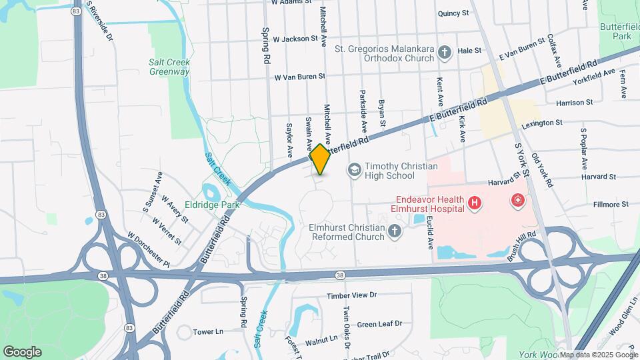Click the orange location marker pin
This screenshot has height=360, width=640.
pos(320,159)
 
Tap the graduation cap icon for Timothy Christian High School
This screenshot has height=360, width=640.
pos(354,171)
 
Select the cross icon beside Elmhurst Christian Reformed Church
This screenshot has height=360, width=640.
pos(395,231)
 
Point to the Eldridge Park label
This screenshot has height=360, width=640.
pos(212,205)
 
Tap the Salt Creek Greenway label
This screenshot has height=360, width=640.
pos(169,67)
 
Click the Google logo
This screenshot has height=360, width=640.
pos(22,351)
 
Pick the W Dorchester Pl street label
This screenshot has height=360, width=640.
pos(149,250)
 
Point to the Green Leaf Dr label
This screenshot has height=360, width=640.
pos(380,324)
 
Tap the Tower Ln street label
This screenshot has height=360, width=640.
pos(208,331)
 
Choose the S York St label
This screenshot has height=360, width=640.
pos(521,158)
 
